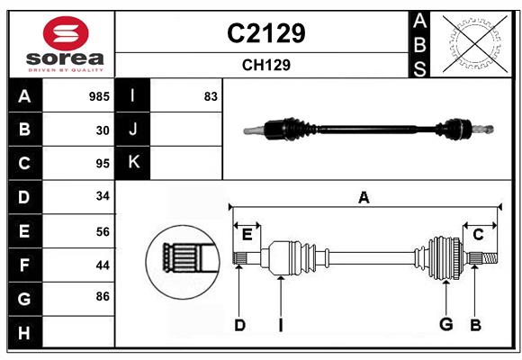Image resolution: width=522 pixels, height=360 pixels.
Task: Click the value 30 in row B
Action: (x=103, y=130)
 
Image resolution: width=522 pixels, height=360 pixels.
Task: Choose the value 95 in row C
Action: (x=102, y=164)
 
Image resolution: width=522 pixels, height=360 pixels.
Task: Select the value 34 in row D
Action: (x=102, y=196)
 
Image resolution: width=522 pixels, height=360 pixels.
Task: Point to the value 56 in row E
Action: (x=102, y=231)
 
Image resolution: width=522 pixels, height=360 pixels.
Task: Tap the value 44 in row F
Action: (x=102, y=265)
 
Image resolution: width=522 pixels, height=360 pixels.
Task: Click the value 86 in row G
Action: (x=102, y=295)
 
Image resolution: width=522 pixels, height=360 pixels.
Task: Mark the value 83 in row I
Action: (x=211, y=96)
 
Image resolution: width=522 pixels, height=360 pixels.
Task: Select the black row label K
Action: (x=133, y=163)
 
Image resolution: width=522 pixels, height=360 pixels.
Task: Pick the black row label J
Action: (x=133, y=130)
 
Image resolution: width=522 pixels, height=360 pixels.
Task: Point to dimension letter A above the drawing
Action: (x=364, y=198)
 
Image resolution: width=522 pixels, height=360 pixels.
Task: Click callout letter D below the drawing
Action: (x=239, y=325)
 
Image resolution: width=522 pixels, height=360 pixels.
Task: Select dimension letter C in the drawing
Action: (x=478, y=235)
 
